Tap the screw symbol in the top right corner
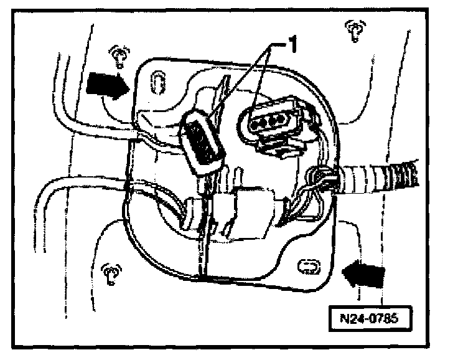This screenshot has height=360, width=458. (x=355, y=29)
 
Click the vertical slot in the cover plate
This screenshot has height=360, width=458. (x=159, y=81)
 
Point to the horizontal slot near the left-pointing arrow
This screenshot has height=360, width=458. (x=307, y=267)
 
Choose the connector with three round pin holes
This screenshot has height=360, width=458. (x=269, y=121)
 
